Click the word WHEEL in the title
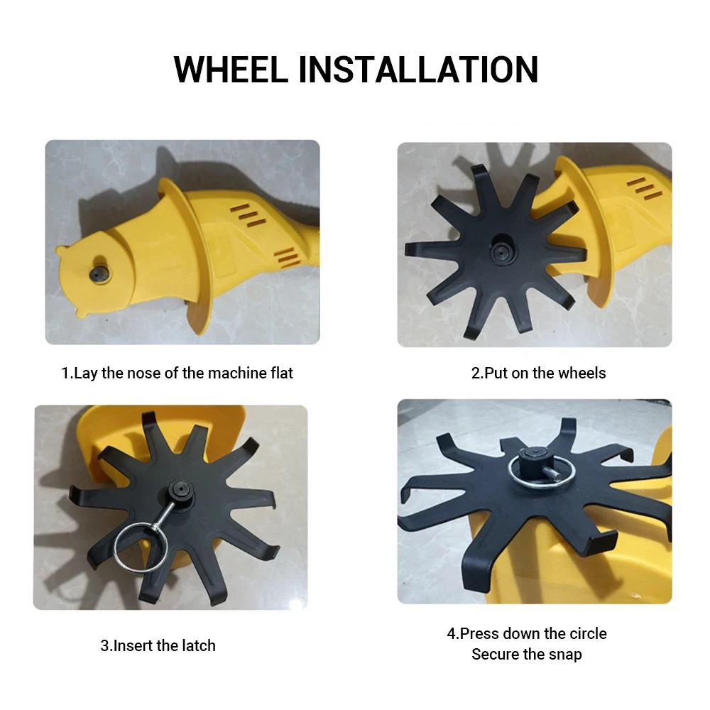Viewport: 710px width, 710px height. tap(231, 70)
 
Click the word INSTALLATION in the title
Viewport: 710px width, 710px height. tap(419, 70)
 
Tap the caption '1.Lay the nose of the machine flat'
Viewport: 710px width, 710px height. tap(177, 373)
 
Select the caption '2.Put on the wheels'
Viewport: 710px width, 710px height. tap(538, 373)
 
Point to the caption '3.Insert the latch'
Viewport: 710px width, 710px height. tap(158, 645)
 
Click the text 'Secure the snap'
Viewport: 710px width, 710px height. tap(527, 655)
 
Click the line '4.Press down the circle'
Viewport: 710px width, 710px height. tap(527, 633)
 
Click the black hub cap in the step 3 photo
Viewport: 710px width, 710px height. tap(181, 491)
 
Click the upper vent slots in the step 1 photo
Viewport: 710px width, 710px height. tap(248, 215)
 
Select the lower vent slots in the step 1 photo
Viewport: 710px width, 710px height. tap(287, 258)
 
